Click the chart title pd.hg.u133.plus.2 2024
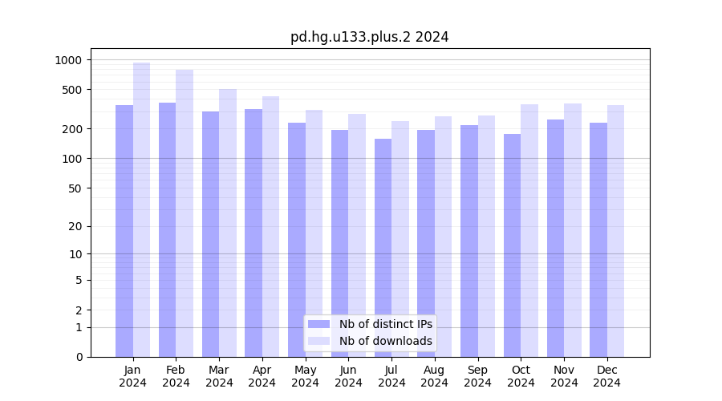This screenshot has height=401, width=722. pyautogui.click(x=369, y=37)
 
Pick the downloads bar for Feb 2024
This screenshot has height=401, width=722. pyautogui.click(x=185, y=213)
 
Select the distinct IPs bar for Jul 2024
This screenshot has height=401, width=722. pyautogui.click(x=383, y=248)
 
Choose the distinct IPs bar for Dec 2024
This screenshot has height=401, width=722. pyautogui.click(x=598, y=240)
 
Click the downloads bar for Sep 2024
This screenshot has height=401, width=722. pyautogui.click(x=486, y=237)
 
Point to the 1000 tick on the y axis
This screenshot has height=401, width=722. pyautogui.click(x=68, y=60)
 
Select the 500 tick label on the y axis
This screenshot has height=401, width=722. pyautogui.click(x=71, y=90)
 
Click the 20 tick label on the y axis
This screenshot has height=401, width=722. pyautogui.click(x=75, y=226)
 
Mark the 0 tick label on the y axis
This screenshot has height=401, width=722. pyautogui.click(x=79, y=357)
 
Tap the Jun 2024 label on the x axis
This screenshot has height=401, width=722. pyautogui.click(x=348, y=376)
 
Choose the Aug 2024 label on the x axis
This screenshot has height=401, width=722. pyautogui.click(x=434, y=376)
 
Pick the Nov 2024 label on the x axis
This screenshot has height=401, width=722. pyautogui.click(x=564, y=376)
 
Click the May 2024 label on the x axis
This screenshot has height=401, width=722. pyautogui.click(x=305, y=376)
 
